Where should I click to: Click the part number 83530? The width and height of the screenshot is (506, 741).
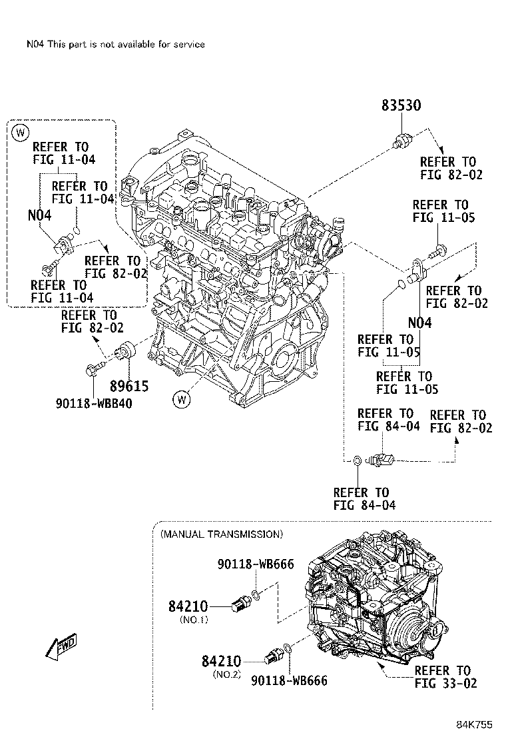click(x=401, y=106)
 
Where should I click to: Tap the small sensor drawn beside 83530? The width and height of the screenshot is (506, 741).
click(x=403, y=140)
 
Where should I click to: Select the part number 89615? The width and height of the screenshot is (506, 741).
click(x=128, y=386)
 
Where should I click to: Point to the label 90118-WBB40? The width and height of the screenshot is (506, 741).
click(x=93, y=402)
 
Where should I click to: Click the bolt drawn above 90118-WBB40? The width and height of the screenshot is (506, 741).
click(x=96, y=367)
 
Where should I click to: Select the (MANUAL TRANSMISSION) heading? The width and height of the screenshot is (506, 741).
click(x=221, y=534)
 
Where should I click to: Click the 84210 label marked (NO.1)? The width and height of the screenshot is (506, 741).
click(x=188, y=606)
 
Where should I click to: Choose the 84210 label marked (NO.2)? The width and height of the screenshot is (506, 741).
click(x=220, y=661)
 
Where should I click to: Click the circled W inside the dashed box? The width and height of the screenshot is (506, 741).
click(x=21, y=133)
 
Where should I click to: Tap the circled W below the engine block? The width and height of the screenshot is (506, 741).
click(x=181, y=400)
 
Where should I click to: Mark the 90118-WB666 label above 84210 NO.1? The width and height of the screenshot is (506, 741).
click(x=255, y=564)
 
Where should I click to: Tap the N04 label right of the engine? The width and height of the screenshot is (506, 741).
click(x=419, y=323)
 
